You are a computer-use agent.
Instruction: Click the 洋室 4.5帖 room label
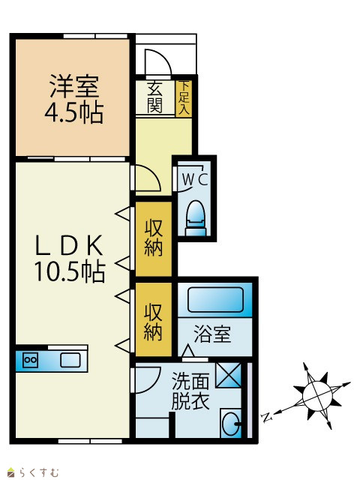73,99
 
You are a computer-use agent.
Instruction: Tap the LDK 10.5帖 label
70,258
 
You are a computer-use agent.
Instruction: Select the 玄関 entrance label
155,97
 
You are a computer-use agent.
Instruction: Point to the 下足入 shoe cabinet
184,98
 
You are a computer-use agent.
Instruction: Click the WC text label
195,179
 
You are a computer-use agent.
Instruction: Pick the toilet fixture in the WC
196,218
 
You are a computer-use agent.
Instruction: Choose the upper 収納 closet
153,238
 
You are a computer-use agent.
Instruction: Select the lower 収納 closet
153,319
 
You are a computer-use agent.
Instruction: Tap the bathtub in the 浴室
215,300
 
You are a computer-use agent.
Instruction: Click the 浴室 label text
212,334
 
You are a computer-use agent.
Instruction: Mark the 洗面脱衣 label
190,391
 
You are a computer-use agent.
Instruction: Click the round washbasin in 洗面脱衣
231,424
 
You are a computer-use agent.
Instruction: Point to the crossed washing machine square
228,375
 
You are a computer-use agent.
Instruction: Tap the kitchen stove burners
30,360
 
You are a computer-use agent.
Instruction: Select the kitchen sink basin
70,360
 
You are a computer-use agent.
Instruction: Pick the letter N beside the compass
267,417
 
